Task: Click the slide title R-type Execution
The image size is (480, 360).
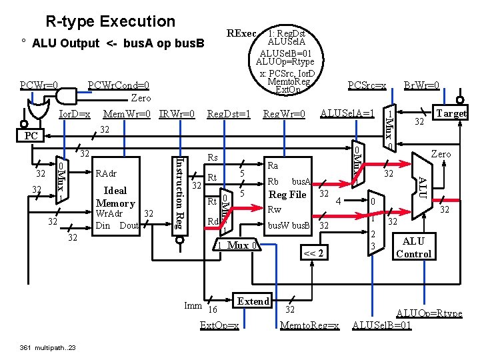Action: (110, 21)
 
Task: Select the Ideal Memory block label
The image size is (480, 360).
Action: (115, 197)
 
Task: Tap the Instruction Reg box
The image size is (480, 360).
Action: (179, 193)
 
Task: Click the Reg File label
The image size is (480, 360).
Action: (287, 195)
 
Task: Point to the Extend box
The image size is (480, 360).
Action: (253, 301)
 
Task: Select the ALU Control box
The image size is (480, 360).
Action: (413, 247)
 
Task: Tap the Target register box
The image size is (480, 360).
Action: (451, 113)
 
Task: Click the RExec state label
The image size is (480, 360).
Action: (241, 33)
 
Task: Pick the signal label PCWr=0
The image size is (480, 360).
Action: (39, 85)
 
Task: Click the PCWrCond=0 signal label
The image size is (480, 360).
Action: (119, 85)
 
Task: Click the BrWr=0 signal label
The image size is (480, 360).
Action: (421, 85)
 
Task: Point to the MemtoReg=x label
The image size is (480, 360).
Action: (310, 325)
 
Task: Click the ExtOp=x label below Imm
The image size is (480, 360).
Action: (219, 325)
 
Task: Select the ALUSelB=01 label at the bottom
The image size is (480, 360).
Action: (381, 325)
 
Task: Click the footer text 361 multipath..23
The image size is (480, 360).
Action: (48, 347)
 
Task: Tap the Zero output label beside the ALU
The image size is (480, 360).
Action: (441, 154)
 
